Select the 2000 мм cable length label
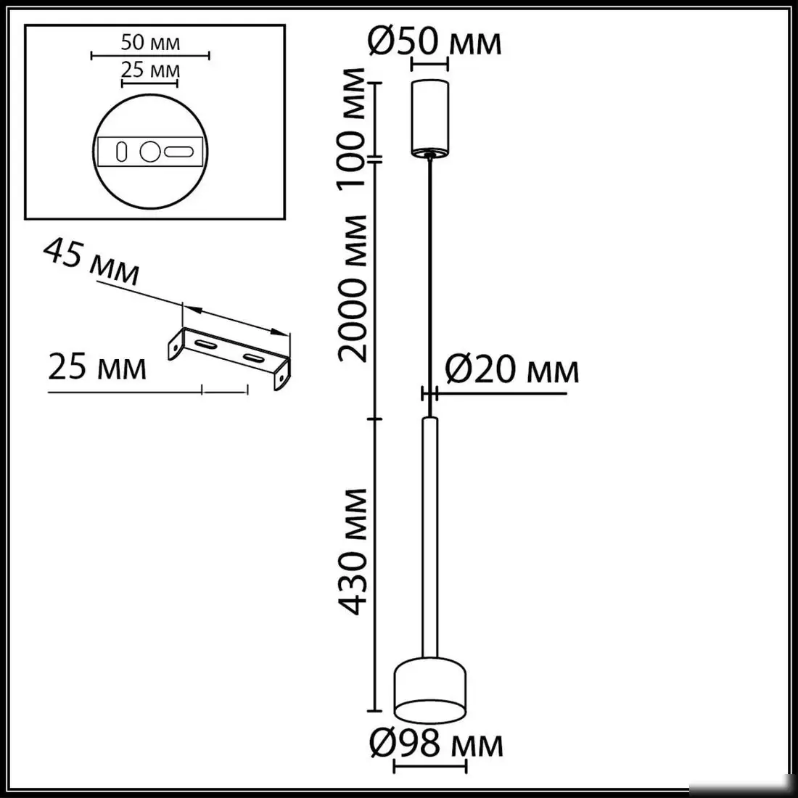(355, 288)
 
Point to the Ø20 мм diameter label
(511, 371)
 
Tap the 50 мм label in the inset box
(150, 42)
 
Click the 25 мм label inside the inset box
(150, 71)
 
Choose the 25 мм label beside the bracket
(97, 368)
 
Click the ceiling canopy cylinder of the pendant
(429, 118)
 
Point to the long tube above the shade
(429, 537)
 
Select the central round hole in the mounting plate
(149, 152)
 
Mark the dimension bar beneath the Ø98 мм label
(429, 766)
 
